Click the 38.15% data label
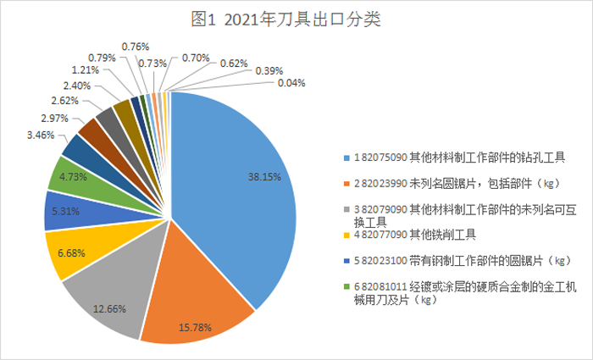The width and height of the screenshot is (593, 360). pos(265,178)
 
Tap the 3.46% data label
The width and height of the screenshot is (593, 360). pos(41,135)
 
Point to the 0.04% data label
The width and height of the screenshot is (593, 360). pos(291,82)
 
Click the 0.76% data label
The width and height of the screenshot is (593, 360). pos(136,46)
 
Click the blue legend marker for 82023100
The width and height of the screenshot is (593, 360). pos(346,260)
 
